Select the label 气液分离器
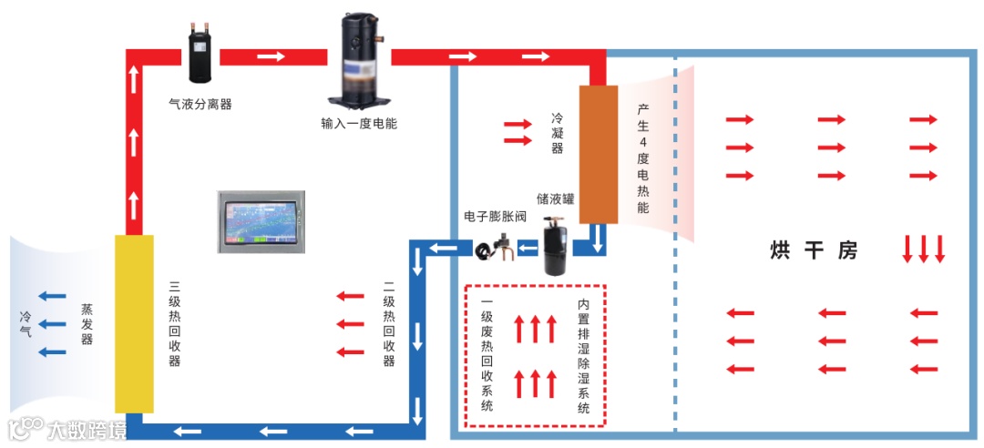tap(200, 104)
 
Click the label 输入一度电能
tap(359, 123)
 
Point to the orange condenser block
tap(599, 154)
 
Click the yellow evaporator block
tap(134, 323)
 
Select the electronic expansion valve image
tap(496, 247)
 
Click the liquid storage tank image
tap(556, 245)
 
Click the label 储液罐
tap(555, 199)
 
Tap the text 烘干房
tap(814, 250)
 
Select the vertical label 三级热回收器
tap(174, 323)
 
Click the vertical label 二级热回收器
tap(389, 331)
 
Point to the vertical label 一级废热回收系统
tap(487, 354)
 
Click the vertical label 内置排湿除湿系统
tap(583, 356)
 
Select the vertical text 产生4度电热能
tap(643, 158)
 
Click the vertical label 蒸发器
tap(87, 324)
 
